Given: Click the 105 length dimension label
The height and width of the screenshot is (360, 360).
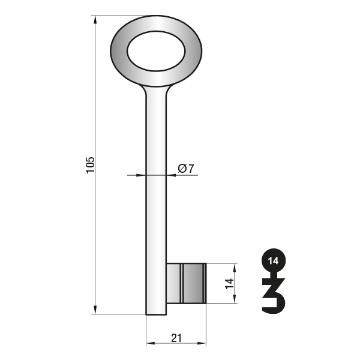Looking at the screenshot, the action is pyautogui.click(x=90, y=165).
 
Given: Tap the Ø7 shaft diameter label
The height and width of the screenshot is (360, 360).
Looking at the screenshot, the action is pyautogui.click(x=186, y=169).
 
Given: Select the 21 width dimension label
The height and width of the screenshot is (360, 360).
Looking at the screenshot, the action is pyautogui.click(x=176, y=338).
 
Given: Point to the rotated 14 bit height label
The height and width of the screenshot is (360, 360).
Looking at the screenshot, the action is pyautogui.click(x=229, y=284).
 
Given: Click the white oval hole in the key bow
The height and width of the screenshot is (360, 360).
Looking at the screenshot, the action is pyautogui.click(x=156, y=51).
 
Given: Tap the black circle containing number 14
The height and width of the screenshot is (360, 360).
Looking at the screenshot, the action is pyautogui.click(x=274, y=260).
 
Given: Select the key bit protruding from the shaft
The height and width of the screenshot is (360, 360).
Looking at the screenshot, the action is pyautogui.click(x=186, y=283).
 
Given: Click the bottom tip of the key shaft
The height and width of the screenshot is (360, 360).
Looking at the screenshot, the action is pyautogui.click(x=156, y=314).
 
